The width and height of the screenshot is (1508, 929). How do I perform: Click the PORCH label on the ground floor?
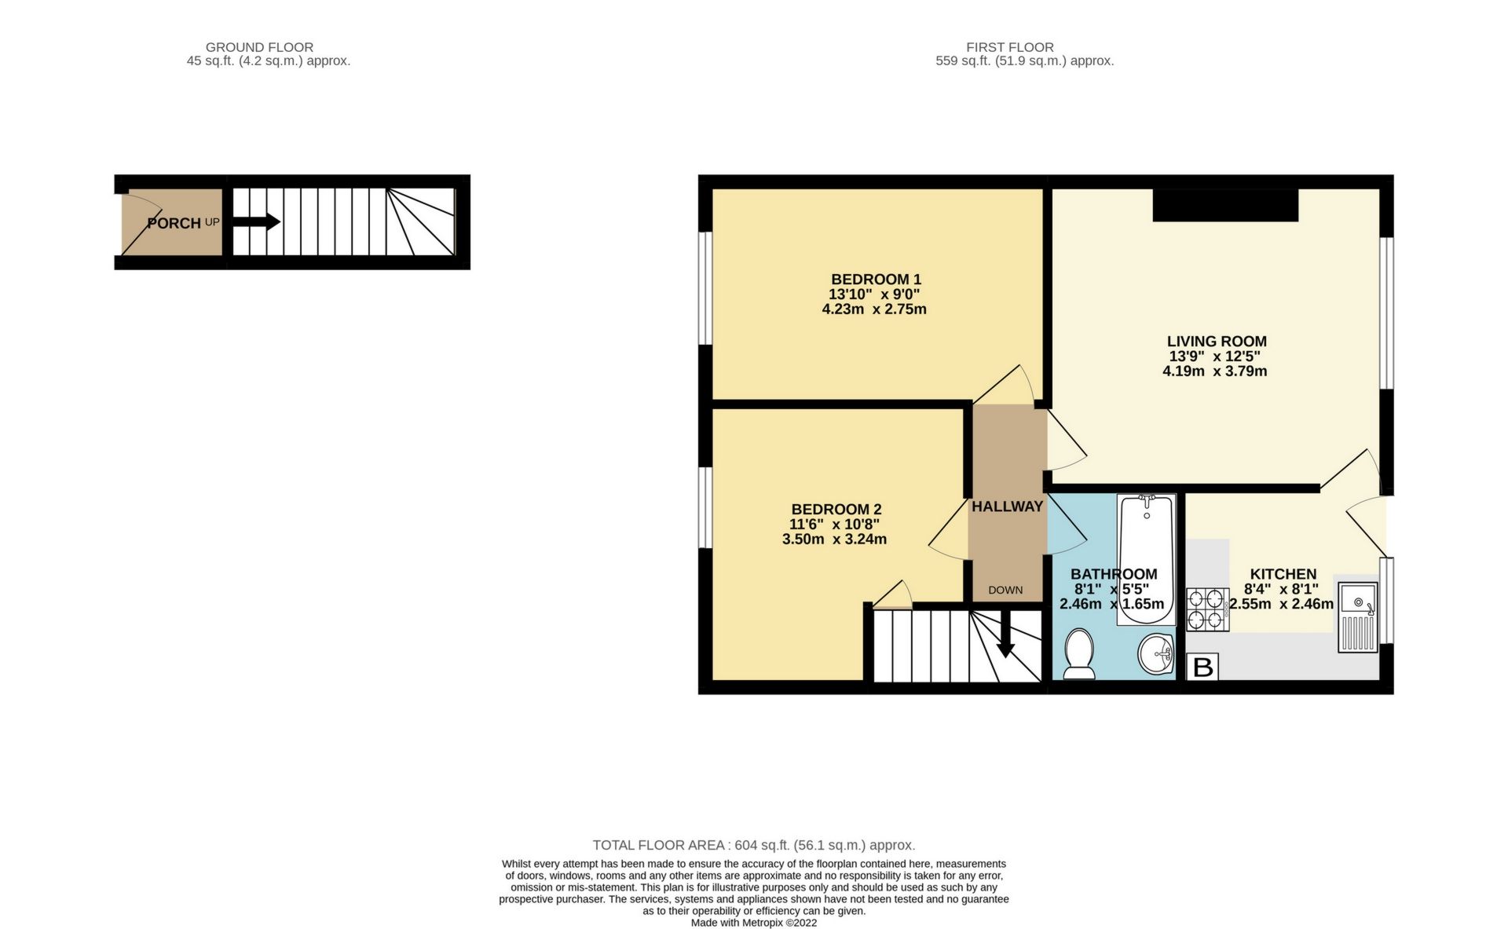click(174, 224)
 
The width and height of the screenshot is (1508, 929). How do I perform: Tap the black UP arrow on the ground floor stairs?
click(257, 222)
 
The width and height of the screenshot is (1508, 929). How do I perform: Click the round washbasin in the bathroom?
click(1155, 653)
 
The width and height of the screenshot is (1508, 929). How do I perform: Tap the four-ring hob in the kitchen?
click(1208, 609)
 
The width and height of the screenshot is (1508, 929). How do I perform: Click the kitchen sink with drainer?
click(1358, 617)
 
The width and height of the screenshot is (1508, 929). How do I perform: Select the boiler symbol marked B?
click(1202, 667)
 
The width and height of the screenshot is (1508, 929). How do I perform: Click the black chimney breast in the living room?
click(1225, 205)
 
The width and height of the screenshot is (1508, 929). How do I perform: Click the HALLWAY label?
click(1007, 507)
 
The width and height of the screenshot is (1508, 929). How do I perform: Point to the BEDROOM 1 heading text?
click(876, 280)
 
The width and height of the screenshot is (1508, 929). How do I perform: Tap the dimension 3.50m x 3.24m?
click(834, 539)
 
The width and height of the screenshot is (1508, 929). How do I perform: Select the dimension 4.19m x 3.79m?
click(1214, 371)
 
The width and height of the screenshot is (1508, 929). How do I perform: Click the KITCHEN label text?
click(1283, 574)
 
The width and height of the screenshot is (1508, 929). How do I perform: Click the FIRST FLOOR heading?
click(1009, 47)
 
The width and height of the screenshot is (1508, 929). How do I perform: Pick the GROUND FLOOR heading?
click(259, 47)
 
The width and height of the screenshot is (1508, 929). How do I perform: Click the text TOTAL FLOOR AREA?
click(657, 846)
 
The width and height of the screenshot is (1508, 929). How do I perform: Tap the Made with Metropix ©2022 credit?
click(753, 923)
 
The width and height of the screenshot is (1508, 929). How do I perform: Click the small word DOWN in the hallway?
click(1005, 590)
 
